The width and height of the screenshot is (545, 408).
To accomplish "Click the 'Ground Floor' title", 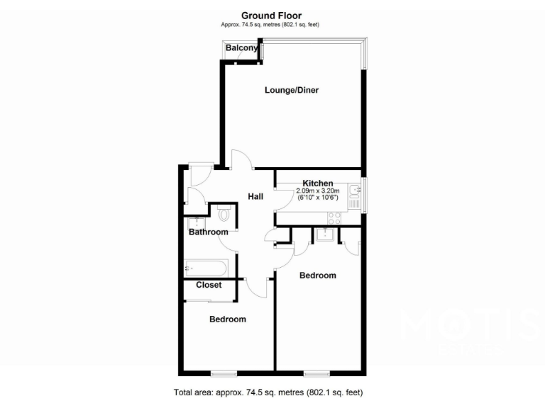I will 272,15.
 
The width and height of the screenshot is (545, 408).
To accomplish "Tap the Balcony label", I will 242,48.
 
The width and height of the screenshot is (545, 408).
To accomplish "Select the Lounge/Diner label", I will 292,90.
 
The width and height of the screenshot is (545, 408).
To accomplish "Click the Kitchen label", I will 318,183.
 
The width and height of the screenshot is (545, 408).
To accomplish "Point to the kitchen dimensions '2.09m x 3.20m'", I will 318,191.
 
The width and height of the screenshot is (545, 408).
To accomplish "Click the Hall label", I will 256,196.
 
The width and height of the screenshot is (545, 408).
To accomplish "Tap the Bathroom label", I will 209,232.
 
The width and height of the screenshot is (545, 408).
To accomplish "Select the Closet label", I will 209,285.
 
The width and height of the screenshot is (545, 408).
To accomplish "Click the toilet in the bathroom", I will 224,214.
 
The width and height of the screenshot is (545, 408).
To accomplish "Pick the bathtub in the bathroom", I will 206,268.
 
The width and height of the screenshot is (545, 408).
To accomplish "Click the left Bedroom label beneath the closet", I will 228,319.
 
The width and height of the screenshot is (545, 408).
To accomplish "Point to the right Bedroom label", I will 317,275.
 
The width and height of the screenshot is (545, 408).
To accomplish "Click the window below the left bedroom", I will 223,373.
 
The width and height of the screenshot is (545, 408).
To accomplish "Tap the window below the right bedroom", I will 316,373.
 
